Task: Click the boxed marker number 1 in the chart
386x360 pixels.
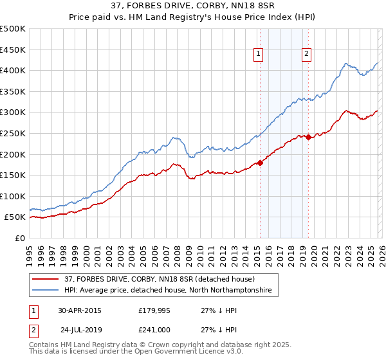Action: click(258, 54)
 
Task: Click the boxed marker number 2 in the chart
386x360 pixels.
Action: click(306, 54)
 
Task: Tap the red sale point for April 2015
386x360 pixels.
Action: click(260, 163)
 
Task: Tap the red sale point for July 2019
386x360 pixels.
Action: click(308, 137)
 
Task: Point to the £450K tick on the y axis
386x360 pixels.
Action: click(13, 50)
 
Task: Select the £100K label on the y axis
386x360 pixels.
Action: click(13, 196)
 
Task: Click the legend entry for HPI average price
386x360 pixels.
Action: click(168, 291)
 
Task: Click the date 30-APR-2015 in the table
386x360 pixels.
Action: click(79, 310)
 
